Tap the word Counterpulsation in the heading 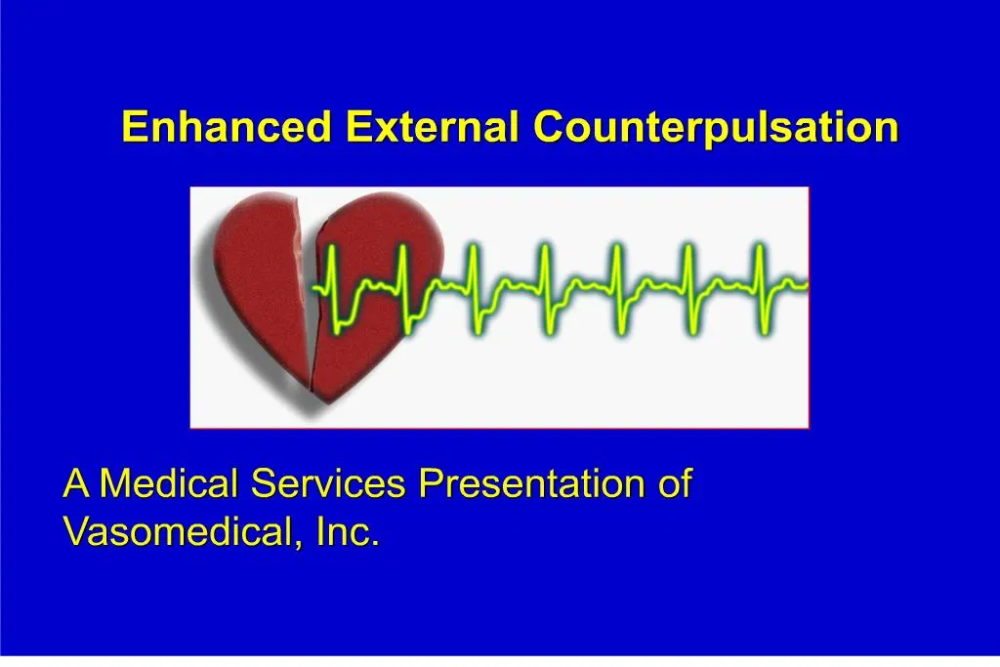click(x=715, y=127)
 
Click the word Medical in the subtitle click(x=171, y=484)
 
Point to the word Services click(x=330, y=484)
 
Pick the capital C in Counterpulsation click(x=547, y=127)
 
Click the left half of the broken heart click(x=259, y=283)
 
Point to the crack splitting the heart click(x=308, y=293)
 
